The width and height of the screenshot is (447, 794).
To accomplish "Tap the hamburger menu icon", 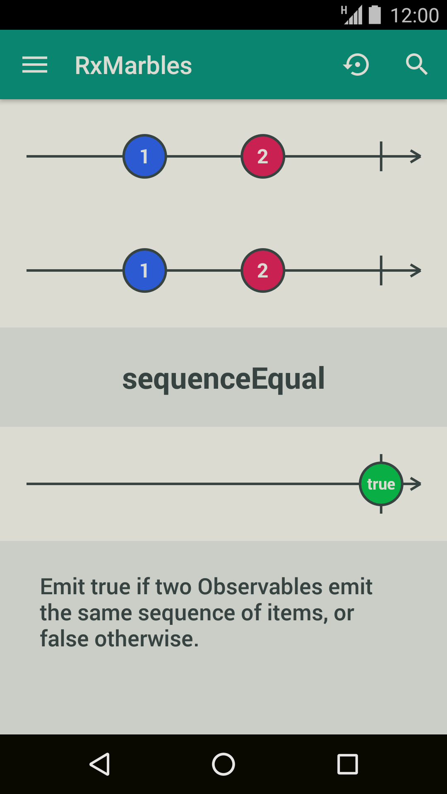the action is [35, 65].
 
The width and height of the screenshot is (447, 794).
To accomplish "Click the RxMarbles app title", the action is [133, 65].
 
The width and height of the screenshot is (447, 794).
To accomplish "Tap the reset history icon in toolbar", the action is [356, 65].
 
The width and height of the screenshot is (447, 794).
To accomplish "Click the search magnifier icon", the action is [416, 65].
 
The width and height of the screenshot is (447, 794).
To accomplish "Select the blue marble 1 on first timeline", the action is [144, 156].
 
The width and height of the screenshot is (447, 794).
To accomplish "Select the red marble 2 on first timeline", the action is [263, 156].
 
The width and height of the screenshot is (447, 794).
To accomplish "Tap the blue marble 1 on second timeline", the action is [144, 270].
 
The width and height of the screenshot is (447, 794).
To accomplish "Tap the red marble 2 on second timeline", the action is [263, 270].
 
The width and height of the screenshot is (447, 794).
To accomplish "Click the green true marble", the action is [381, 484].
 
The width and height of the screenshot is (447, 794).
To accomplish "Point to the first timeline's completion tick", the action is [381, 156].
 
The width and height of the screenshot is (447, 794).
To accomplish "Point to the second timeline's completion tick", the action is [381, 270].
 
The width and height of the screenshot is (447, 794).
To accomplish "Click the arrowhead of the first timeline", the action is [416, 156].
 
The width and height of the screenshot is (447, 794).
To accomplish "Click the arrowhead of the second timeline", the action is [416, 270].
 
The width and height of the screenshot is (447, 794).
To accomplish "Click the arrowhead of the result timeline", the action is [416, 484].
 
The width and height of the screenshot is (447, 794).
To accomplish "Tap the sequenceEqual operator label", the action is [223, 378].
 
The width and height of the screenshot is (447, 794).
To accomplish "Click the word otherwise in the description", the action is [147, 639].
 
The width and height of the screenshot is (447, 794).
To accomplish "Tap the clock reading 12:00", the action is [414, 16].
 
